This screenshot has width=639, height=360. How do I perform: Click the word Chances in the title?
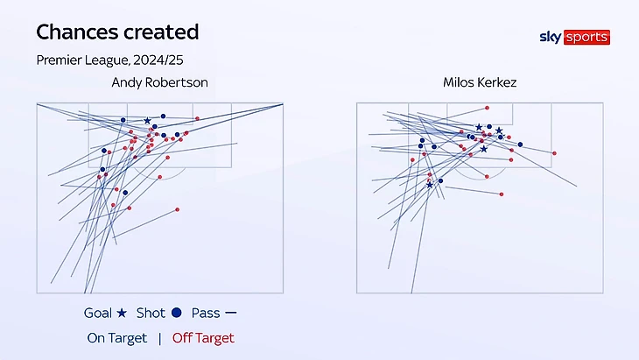(75, 33)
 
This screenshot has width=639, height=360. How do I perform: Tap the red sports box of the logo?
(586, 38)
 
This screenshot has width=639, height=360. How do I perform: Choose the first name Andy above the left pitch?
(126, 82)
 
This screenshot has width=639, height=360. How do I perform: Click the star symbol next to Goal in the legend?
(122, 313)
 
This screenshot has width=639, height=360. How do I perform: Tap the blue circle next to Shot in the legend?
(177, 313)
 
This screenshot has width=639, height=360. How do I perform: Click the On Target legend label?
(117, 338)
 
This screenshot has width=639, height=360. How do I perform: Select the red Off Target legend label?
(203, 338)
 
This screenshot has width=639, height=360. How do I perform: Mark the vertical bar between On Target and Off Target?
(159, 338)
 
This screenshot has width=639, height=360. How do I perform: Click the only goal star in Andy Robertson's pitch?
(147, 121)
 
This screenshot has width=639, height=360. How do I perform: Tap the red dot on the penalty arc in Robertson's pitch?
(159, 176)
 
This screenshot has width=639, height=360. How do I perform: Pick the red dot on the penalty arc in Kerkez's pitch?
(487, 177)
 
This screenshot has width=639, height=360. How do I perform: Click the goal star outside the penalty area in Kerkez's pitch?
(429, 185)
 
